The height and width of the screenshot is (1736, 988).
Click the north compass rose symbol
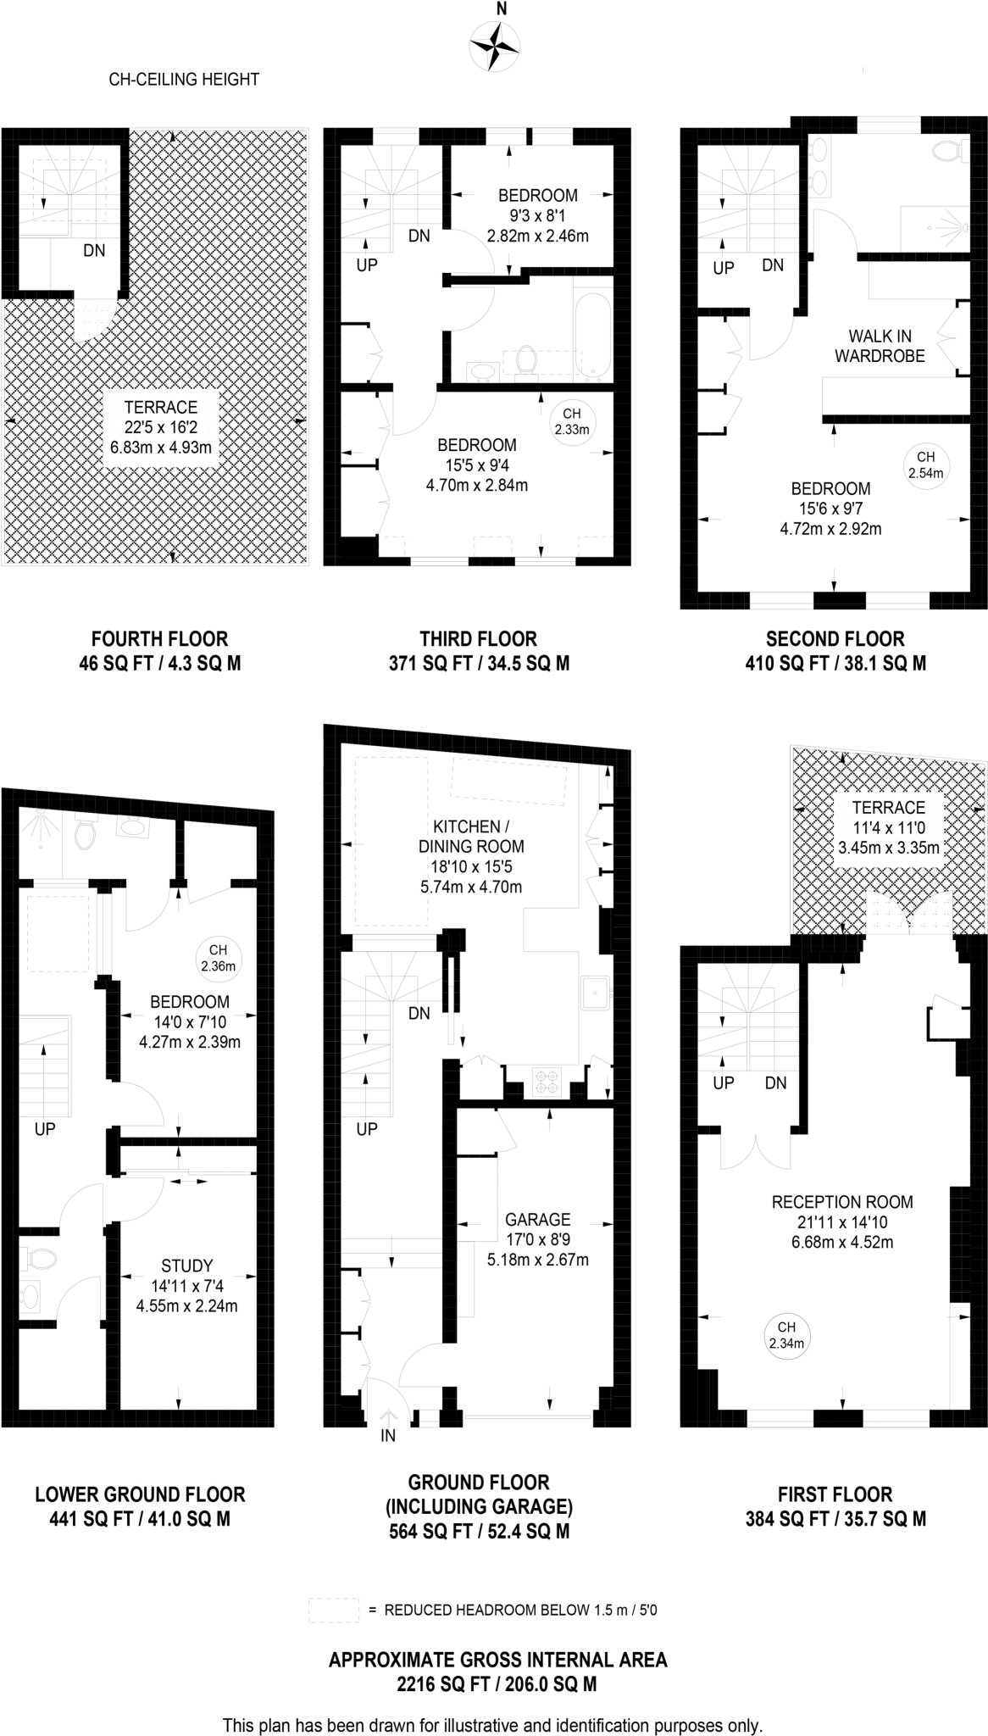tap(495, 46)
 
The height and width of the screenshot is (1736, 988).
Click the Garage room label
tap(537, 1219)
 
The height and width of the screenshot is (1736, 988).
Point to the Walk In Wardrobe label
tap(880, 346)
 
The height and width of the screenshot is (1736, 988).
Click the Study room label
tap(186, 1266)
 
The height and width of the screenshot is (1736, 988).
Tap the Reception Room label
tap(841, 1201)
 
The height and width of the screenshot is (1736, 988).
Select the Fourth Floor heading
tap(159, 638)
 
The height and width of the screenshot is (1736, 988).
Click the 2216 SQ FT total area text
tap(497, 1683)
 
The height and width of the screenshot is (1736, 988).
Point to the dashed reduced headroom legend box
tap(334, 1610)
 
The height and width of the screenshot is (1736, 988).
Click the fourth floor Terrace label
tap(160, 407)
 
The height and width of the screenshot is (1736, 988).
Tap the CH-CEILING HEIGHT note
tap(184, 80)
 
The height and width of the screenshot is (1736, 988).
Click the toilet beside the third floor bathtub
tap(526, 359)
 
